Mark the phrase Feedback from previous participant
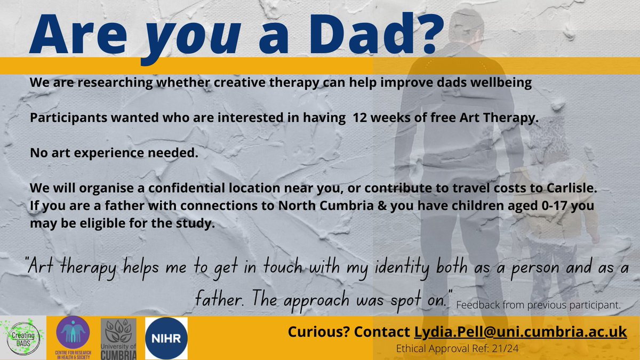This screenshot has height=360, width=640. pos(539,306)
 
